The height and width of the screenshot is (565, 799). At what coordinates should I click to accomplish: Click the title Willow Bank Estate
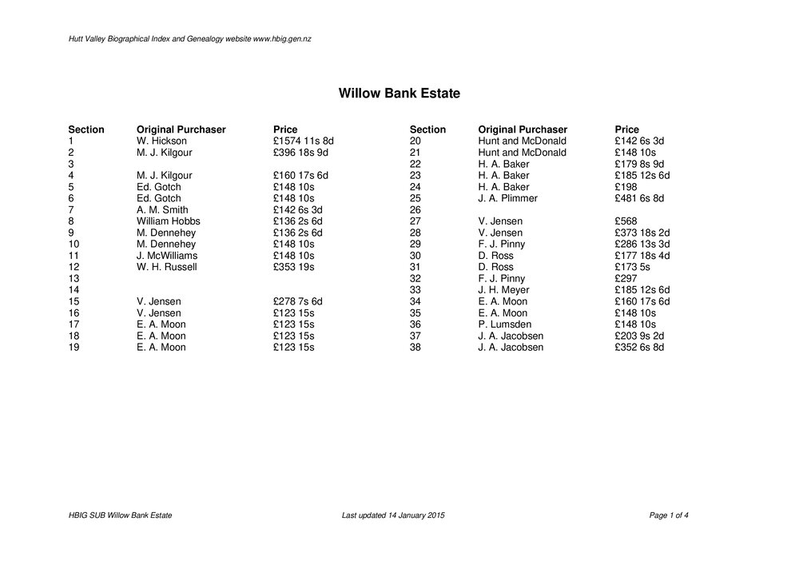tap(399, 94)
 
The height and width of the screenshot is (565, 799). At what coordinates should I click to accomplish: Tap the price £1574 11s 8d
tap(303, 141)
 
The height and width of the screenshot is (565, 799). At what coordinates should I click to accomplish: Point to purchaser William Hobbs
tap(168, 221)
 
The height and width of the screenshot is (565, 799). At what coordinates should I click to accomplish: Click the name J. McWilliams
tap(166, 256)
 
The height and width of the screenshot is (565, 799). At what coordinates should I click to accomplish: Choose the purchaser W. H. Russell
tap(166, 267)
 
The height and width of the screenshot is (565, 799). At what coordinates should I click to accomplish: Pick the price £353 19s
tap(293, 267)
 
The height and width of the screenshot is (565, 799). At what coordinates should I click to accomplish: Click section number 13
tap(74, 279)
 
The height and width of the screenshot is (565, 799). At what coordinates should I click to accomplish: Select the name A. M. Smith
tap(162, 209)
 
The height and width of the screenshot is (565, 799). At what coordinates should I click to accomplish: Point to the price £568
tap(626, 221)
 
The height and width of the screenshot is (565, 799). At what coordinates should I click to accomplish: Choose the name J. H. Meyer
tap(503, 290)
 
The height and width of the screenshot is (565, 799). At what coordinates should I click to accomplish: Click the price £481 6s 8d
tap(639, 198)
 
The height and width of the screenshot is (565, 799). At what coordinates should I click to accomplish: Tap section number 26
tap(415, 209)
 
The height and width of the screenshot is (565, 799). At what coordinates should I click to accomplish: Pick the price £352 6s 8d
tap(639, 348)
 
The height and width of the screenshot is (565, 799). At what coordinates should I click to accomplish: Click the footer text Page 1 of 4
tap(669, 516)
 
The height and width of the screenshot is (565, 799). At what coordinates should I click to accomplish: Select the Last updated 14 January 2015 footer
tap(392, 516)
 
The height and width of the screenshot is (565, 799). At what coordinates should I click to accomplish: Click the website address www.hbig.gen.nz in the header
tap(281, 39)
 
